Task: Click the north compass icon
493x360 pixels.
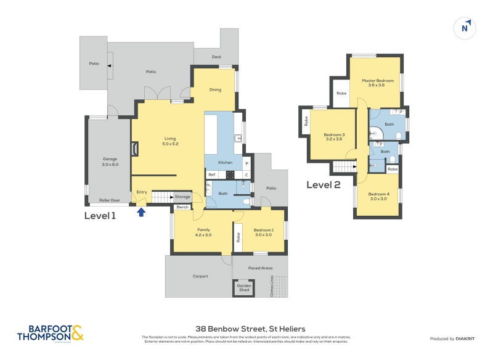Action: (466, 28)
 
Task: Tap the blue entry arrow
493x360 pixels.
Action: (141, 212)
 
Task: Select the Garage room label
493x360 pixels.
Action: (110, 162)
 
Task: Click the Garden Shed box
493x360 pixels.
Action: (243, 288)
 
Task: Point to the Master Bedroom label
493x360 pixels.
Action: (377, 83)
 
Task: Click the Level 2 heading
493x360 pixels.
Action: (324, 184)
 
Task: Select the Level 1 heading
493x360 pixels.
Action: (100, 216)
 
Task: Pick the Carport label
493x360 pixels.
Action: (200, 276)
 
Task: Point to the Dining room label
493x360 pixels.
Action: (215, 90)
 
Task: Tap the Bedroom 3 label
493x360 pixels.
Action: (335, 137)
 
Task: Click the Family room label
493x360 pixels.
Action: (203, 232)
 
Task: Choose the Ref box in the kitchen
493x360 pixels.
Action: (211, 174)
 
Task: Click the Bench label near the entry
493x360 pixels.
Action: (182, 207)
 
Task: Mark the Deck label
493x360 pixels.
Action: (216, 57)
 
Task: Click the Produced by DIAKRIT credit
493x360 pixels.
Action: (454, 338)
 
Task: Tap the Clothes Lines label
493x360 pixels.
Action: (272, 287)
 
